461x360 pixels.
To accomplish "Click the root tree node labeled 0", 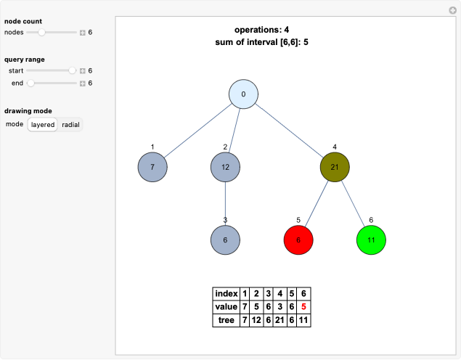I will click(x=244, y=94).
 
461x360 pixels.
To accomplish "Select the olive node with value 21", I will click(x=335, y=167).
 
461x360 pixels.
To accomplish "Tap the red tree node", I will click(x=298, y=240).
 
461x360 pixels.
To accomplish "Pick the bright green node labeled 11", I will click(x=371, y=240).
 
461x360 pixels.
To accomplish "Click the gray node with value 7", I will click(x=152, y=167).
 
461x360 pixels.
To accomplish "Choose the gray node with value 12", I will click(x=225, y=167).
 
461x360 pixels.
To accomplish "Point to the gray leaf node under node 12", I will click(x=225, y=240).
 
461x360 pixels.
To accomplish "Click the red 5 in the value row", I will click(x=303, y=306).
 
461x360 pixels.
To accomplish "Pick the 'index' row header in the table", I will click(x=227, y=293).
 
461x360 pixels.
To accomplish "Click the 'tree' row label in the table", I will click(x=227, y=319).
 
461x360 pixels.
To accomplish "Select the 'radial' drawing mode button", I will click(x=70, y=125).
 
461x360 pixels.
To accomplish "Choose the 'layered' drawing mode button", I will click(x=43, y=125).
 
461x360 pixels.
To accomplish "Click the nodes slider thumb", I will click(x=42, y=33).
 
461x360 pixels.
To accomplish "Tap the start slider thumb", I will click(x=72, y=70).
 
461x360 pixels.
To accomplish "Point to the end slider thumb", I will click(x=30, y=83).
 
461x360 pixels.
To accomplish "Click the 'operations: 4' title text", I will click(x=261, y=30).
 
